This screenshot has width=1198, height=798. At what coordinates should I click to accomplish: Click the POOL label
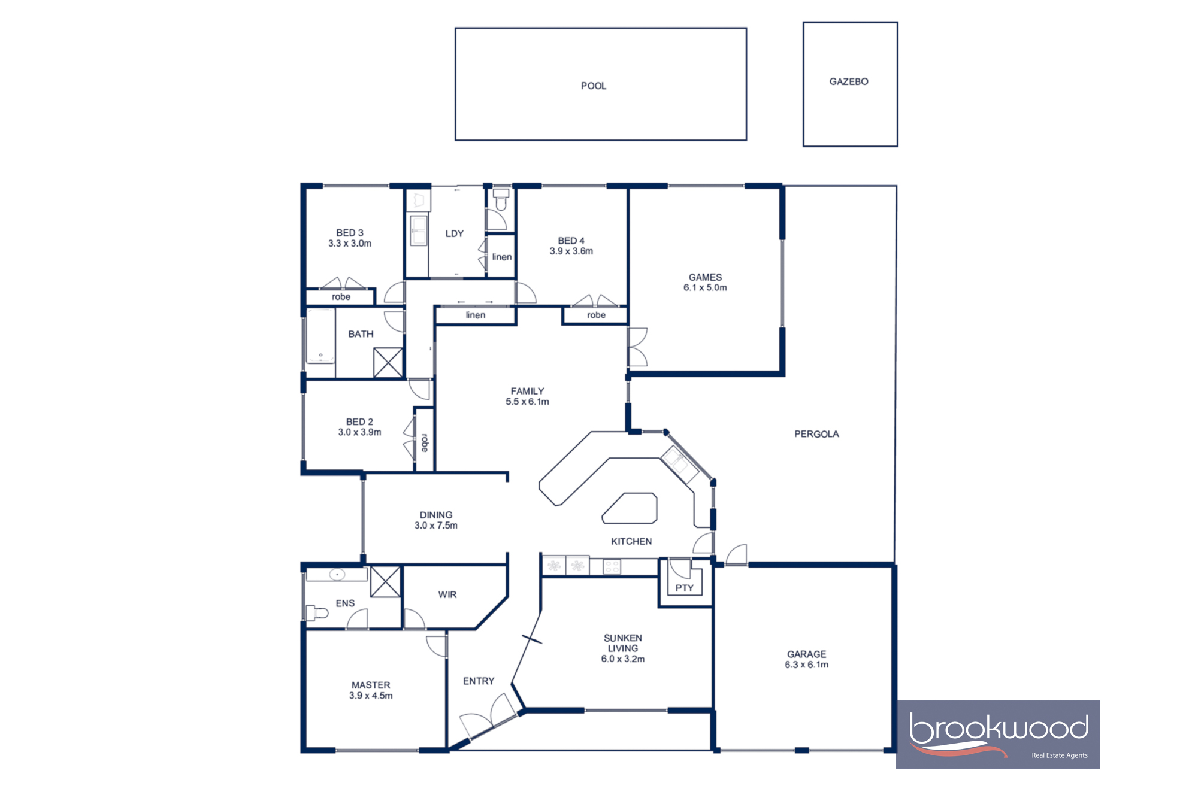[593, 86]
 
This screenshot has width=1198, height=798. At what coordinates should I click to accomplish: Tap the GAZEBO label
[848, 81]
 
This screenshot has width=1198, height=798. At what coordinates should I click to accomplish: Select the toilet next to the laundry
[501, 199]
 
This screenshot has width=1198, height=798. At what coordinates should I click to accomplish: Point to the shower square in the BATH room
[388, 363]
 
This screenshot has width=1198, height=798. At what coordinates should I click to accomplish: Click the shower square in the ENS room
[385, 581]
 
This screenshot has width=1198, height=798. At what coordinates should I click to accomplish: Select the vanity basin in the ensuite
[337, 575]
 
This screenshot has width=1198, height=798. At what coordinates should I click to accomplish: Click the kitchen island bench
[630, 509]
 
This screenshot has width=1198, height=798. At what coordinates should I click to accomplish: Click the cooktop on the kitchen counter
[611, 566]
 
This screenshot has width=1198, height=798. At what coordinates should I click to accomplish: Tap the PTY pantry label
[684, 588]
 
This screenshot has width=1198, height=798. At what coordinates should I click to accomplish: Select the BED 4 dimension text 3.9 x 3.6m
[571, 251]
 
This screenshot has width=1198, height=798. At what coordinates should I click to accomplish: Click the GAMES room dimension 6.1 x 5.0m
[705, 288]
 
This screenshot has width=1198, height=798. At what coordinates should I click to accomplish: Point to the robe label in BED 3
[341, 297]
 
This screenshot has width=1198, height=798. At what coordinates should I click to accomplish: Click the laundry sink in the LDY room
[418, 230]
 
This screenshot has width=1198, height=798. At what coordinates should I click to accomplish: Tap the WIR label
[447, 594]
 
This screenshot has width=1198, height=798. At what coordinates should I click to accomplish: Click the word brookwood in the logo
[998, 729]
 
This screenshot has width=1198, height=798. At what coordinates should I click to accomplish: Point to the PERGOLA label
[816, 434]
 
